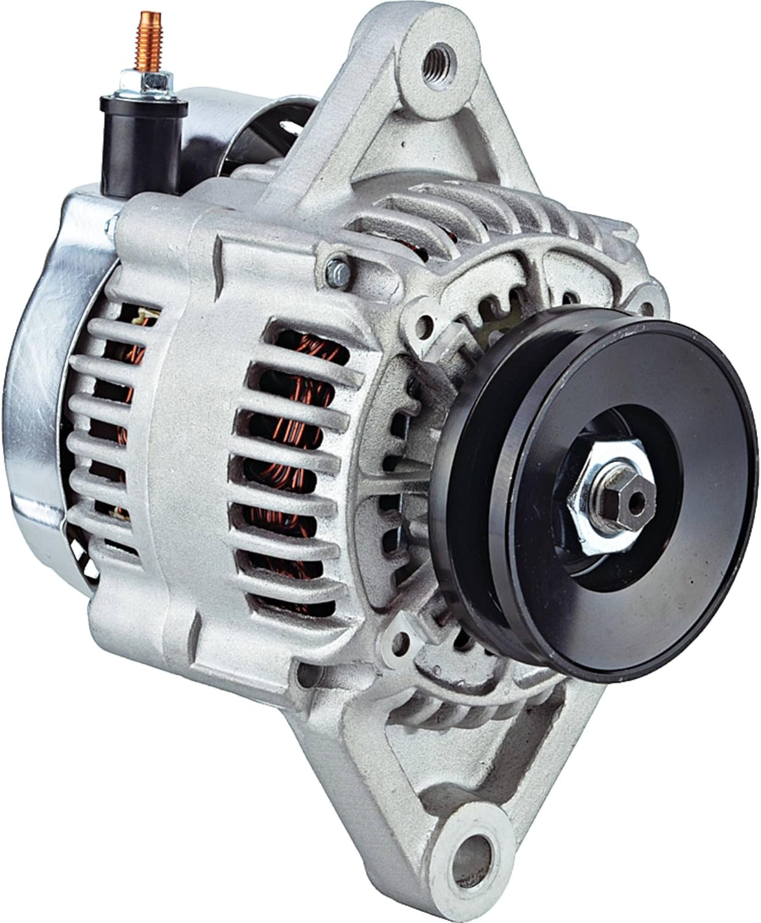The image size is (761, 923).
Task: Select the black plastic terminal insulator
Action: click(x=143, y=132)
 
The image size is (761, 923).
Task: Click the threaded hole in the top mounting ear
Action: click(x=441, y=59)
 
